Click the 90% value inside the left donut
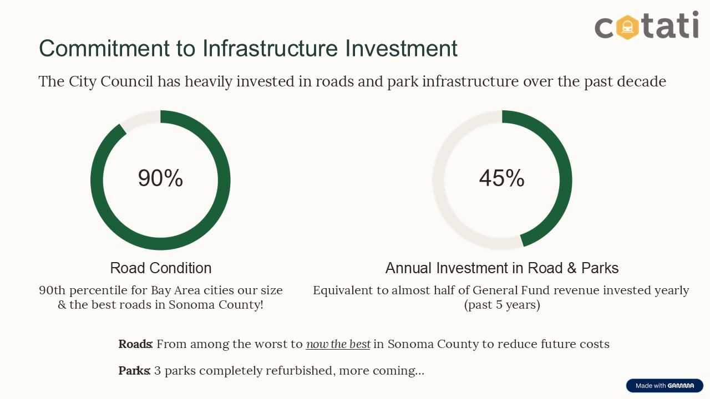[160, 178]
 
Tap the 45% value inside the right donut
[501, 178]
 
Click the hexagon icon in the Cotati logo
[627, 25]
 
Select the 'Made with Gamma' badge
[665, 386]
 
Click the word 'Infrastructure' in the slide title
[270, 48]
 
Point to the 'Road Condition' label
[161, 268]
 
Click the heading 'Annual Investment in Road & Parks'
[502, 268]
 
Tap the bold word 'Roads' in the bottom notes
[134, 344]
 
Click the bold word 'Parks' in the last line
[134, 371]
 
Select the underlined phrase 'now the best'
[338, 344]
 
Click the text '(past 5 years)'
[502, 305]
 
